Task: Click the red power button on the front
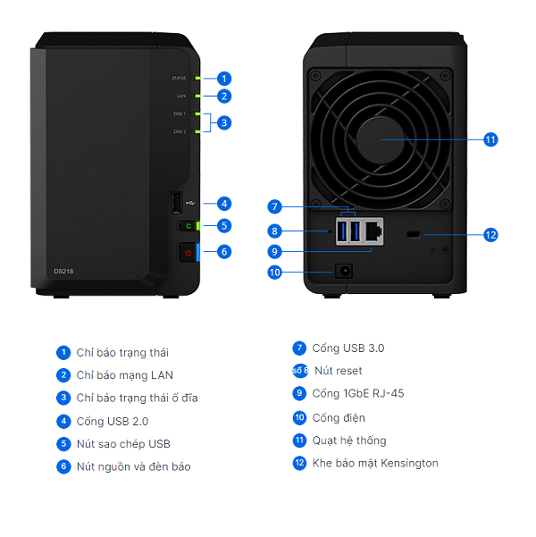point(188,253)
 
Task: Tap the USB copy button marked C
point(188,226)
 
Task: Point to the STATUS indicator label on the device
point(180,78)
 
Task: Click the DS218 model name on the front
point(64,271)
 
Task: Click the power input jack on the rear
point(341,271)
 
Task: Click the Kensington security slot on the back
point(413,235)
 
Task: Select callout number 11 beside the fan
point(490,139)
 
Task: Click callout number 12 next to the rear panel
point(490,235)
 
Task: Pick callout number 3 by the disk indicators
point(224,122)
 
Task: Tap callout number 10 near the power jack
point(275,272)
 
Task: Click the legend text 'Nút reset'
point(338,371)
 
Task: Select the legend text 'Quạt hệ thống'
point(348,441)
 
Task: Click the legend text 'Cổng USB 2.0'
point(111,421)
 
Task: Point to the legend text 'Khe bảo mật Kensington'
point(375,463)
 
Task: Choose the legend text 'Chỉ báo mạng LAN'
point(125,375)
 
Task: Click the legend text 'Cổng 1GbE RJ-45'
point(351,393)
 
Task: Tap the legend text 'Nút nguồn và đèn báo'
point(133,466)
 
